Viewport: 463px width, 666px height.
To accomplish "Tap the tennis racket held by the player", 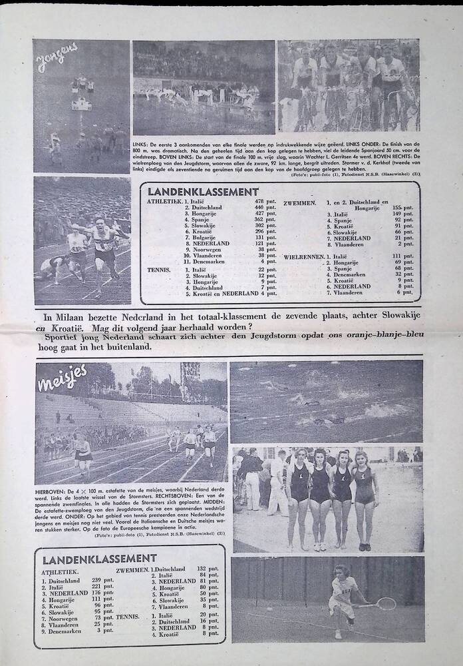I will click(385, 604).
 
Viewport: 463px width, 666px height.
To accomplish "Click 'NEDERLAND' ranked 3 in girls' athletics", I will click(69, 593).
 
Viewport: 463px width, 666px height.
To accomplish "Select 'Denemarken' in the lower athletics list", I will click(65, 631).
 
